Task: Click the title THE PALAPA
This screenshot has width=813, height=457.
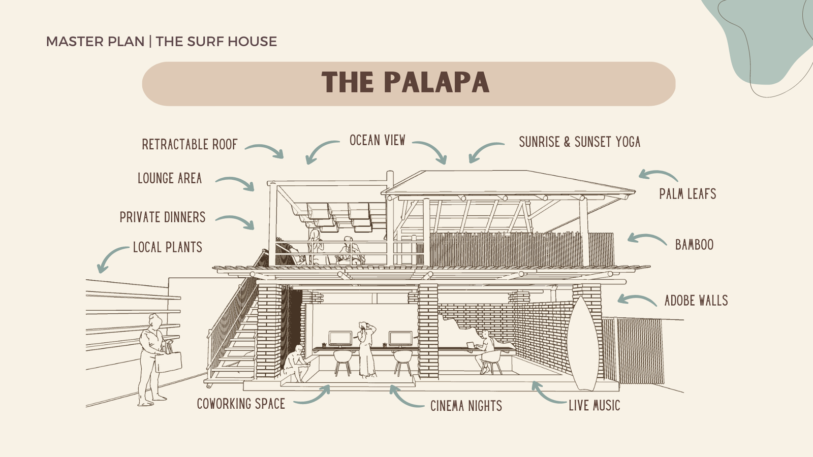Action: [405, 83]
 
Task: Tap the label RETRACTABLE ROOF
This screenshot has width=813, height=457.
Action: [190, 145]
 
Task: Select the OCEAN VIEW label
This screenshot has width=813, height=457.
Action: [377, 141]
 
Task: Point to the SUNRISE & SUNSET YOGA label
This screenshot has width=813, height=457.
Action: [579, 142]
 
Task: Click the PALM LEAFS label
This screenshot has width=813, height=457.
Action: [687, 194]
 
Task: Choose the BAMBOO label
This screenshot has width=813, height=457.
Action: [694, 245]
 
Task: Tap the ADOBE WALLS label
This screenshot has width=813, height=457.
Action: [696, 301]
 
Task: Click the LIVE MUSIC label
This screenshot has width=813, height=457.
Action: [594, 406]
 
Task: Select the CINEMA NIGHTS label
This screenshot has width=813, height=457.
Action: [466, 406]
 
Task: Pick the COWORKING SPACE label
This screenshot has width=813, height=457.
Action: [241, 404]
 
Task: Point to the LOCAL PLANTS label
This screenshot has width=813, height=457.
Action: [168, 247]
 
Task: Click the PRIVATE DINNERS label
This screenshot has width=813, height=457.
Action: [163, 217]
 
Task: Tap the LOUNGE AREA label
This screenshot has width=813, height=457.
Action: [170, 178]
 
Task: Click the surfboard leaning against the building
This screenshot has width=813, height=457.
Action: [584, 345]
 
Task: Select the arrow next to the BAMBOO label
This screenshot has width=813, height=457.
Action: [646, 239]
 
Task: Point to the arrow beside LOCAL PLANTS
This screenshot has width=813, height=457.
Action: [111, 258]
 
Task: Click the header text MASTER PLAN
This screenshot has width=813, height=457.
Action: [95, 42]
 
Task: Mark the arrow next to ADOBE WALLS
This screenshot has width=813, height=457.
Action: [637, 300]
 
